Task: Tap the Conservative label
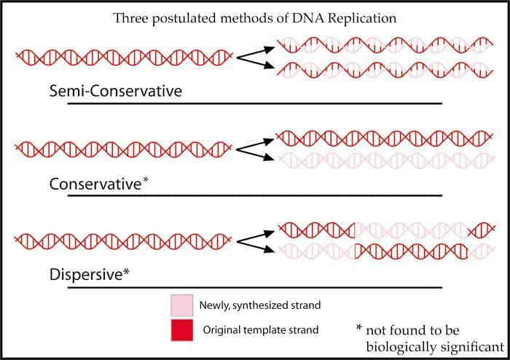point(94,185)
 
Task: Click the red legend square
point(182,330)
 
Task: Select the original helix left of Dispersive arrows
point(123,238)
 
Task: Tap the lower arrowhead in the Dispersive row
point(270,249)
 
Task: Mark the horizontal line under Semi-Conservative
point(254,103)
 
